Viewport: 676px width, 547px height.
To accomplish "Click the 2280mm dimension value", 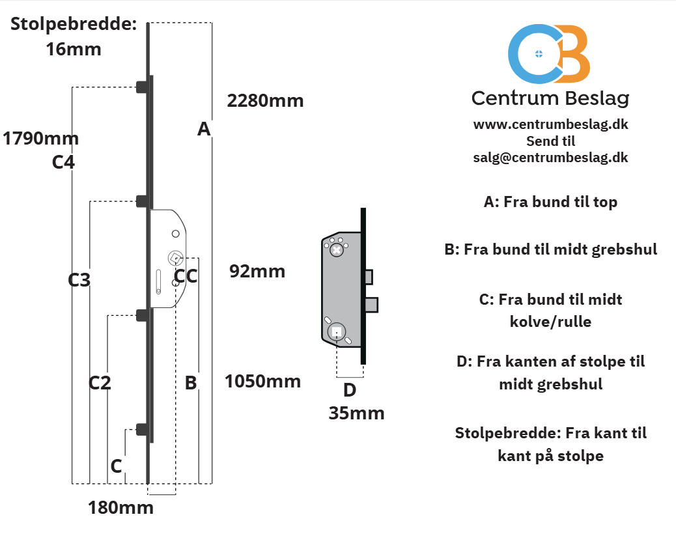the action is click(x=265, y=101).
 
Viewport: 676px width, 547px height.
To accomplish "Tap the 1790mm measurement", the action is click(x=40, y=139).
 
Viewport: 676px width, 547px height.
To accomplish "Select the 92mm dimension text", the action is click(x=257, y=272).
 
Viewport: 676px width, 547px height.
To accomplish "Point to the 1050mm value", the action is click(x=262, y=382).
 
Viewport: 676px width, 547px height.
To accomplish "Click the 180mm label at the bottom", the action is click(x=120, y=508).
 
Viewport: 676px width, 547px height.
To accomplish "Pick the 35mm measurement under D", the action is click(x=356, y=414).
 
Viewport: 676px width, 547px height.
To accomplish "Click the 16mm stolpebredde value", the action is click(x=74, y=49).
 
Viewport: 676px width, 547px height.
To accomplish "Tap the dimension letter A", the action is click(x=204, y=129).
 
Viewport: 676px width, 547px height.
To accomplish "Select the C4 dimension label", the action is click(x=63, y=162).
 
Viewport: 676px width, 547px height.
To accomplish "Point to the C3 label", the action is click(x=79, y=280).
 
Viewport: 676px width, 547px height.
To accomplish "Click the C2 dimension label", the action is click(x=100, y=383).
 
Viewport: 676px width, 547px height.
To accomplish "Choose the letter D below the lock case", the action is click(x=350, y=390).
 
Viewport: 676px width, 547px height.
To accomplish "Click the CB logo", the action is click(x=549, y=54).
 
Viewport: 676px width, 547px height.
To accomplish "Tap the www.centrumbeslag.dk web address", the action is click(x=550, y=124).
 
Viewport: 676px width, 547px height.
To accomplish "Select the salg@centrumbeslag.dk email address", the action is click(x=550, y=158).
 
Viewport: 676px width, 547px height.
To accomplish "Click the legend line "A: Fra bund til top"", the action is click(x=550, y=202).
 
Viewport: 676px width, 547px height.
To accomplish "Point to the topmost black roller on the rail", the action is click(x=142, y=87).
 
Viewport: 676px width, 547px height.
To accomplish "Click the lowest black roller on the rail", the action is click(x=142, y=429).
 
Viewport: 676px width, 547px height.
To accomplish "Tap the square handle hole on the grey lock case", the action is click(x=337, y=332).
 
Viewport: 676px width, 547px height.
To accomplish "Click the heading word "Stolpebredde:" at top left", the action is click(x=74, y=24).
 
